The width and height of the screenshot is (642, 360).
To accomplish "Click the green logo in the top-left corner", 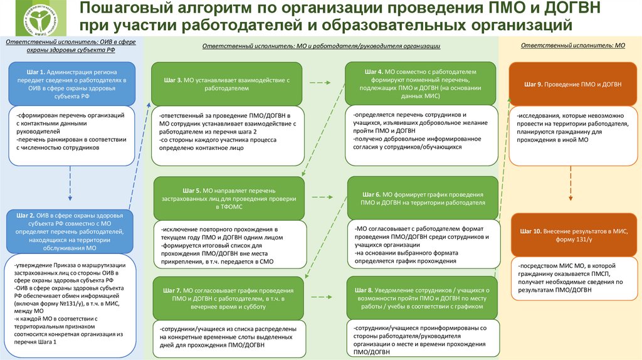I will [33, 19].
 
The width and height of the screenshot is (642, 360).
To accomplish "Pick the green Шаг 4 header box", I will [421, 84].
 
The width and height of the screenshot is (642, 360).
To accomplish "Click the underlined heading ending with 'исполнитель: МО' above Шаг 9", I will [572, 46].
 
